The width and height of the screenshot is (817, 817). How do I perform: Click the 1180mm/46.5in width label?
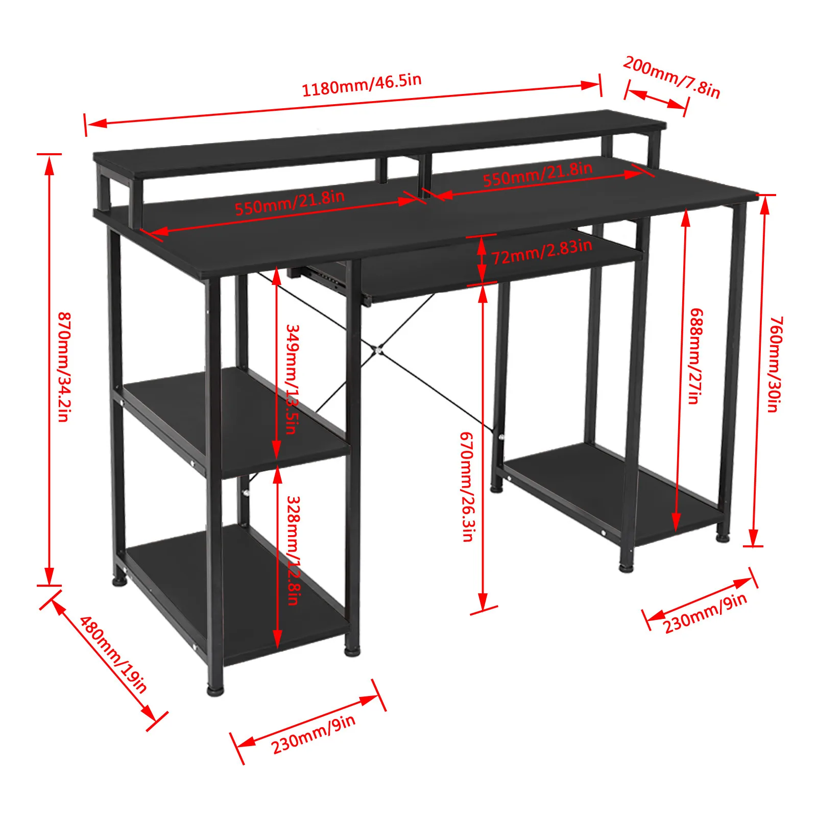point(362,85)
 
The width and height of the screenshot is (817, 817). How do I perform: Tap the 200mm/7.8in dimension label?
point(671,77)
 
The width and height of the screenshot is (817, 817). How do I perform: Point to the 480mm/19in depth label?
point(113,654)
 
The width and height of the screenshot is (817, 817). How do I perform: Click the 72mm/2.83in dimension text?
point(542,251)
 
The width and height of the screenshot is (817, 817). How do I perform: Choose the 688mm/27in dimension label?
point(695,356)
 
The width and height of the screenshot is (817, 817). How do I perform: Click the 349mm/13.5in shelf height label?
point(292,379)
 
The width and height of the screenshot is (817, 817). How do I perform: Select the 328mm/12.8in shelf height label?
point(293,550)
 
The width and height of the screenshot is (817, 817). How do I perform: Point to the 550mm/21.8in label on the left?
point(290,202)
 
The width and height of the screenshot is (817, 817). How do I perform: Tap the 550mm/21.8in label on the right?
point(538,174)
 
